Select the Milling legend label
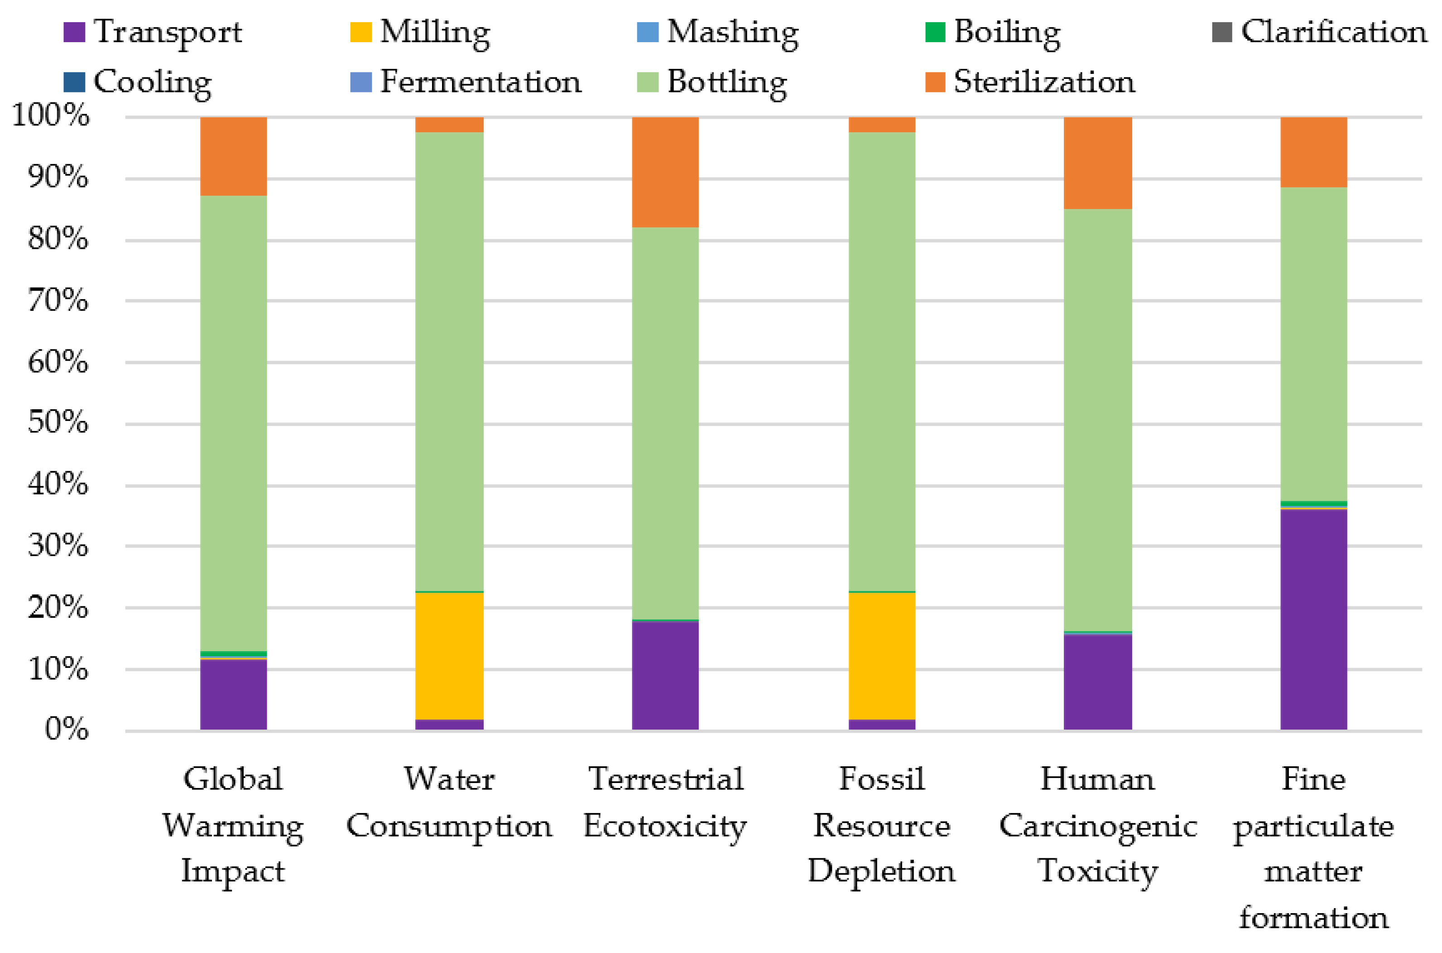pyautogui.click(x=435, y=32)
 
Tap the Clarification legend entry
pyautogui.click(x=1333, y=32)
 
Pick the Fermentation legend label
pyautogui.click(x=481, y=82)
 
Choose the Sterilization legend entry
pyautogui.click(x=1043, y=82)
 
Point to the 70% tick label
pyautogui.click(x=58, y=300)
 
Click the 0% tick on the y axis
pyautogui.click(x=67, y=729)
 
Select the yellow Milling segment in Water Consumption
pyautogui.click(x=449, y=655)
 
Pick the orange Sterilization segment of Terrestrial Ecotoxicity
pyautogui.click(x=665, y=172)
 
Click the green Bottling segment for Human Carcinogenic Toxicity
pyautogui.click(x=1098, y=419)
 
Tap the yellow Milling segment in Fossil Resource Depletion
pyautogui.click(x=881, y=655)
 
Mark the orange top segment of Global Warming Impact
pyautogui.click(x=233, y=156)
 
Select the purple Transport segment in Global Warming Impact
pyautogui.click(x=233, y=694)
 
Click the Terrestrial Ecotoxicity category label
pyautogui.click(x=665, y=802)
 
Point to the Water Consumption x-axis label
pyautogui.click(x=449, y=802)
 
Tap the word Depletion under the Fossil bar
pyautogui.click(x=881, y=871)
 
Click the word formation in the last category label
pyautogui.click(x=1313, y=918)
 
